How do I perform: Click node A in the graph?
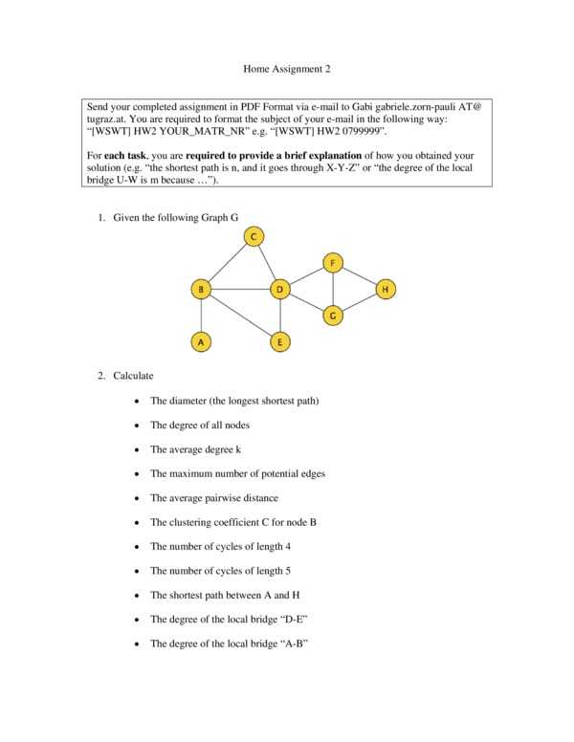click(201, 340)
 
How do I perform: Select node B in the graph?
click(201, 288)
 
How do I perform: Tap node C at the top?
click(254, 236)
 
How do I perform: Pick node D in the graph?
click(280, 288)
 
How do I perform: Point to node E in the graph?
click(280, 340)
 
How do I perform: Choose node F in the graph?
click(332, 262)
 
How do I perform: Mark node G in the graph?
click(332, 315)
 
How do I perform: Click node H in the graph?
click(385, 288)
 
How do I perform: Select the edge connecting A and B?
click(201, 315)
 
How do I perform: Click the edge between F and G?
click(332, 288)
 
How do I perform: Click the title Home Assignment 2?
click(286, 69)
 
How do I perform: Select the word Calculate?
click(133, 376)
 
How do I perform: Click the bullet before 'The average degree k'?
click(140, 448)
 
